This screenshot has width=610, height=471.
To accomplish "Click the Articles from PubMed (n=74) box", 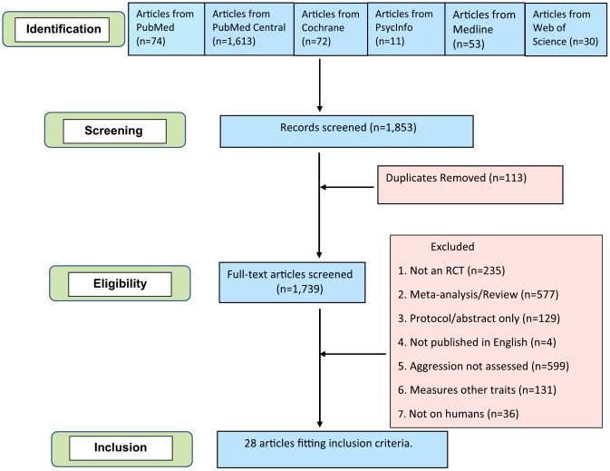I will point(166,31).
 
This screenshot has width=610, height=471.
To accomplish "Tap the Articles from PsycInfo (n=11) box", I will point(404,31).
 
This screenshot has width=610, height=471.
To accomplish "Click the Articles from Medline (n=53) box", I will point(482,31).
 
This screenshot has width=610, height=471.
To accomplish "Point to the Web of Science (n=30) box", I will point(565,32).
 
